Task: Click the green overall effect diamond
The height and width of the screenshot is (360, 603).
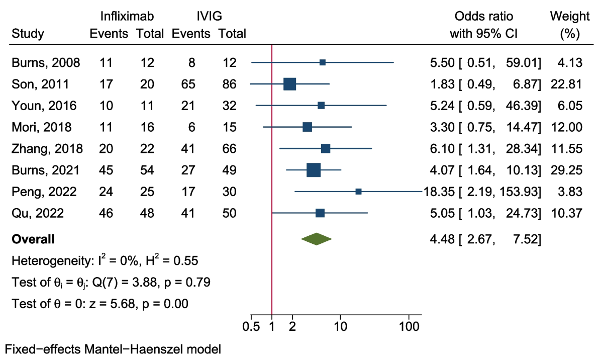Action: point(316,240)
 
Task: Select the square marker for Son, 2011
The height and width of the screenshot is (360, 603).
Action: point(289,84)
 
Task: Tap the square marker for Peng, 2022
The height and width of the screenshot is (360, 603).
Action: point(358,192)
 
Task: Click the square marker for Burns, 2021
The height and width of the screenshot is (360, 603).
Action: point(314,170)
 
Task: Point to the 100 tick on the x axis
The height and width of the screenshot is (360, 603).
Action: point(409,315)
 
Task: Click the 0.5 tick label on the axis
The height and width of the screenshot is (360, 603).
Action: point(251,326)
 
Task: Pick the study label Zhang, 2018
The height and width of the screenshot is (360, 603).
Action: point(47,149)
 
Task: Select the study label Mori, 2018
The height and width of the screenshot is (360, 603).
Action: point(41,127)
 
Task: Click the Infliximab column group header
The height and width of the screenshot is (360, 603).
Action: point(127,16)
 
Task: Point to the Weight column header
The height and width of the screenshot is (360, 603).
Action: point(570,16)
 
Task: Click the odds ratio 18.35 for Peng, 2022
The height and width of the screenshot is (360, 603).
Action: point(435,192)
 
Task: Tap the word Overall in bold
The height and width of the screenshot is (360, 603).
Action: point(33,240)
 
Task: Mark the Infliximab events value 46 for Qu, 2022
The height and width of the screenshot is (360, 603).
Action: point(106,214)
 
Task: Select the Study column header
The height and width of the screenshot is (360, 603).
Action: point(28,34)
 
